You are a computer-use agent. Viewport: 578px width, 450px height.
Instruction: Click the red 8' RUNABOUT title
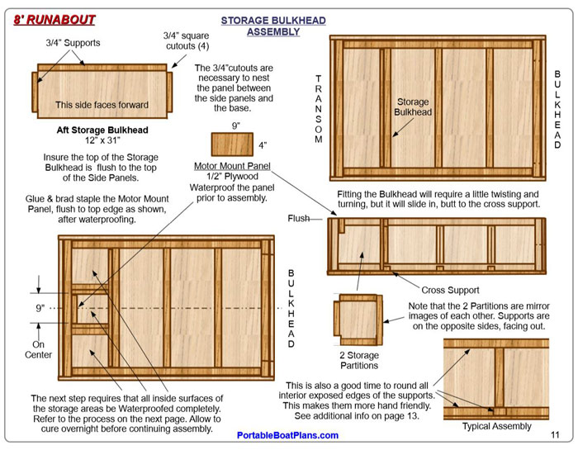tap(54, 20)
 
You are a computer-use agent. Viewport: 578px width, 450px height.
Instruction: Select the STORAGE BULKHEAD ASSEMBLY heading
tap(273, 26)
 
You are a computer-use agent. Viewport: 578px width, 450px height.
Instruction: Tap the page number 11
tap(555, 435)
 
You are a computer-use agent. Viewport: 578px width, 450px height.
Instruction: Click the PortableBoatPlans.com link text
tap(287, 435)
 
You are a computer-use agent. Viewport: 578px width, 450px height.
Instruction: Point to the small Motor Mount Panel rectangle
tap(232, 144)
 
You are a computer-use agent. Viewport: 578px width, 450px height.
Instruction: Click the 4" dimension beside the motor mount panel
tap(263, 145)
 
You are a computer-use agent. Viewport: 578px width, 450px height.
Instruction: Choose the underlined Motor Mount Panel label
tap(232, 166)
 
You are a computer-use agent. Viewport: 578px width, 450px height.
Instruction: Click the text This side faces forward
tap(102, 105)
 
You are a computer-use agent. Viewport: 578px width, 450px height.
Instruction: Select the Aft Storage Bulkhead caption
tap(102, 130)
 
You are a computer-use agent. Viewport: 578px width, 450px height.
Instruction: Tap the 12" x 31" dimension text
tap(102, 140)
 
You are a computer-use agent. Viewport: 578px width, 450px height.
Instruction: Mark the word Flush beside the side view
tap(299, 219)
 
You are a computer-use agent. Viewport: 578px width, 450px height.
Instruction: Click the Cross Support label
tap(450, 290)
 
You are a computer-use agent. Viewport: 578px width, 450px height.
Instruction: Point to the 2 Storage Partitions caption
tap(359, 360)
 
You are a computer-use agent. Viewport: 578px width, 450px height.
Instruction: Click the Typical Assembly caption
tap(497, 426)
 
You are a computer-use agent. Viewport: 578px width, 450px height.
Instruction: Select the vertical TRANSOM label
tap(319, 109)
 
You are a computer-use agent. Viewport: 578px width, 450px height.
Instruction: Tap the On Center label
tap(38, 349)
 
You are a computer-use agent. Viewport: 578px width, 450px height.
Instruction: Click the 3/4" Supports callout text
tap(73, 43)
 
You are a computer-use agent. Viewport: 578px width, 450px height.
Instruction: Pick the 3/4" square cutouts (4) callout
tap(187, 41)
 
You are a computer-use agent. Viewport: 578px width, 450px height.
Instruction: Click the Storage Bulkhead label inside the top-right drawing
tap(413, 107)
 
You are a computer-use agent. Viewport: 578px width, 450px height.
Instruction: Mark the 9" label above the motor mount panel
tap(236, 126)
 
